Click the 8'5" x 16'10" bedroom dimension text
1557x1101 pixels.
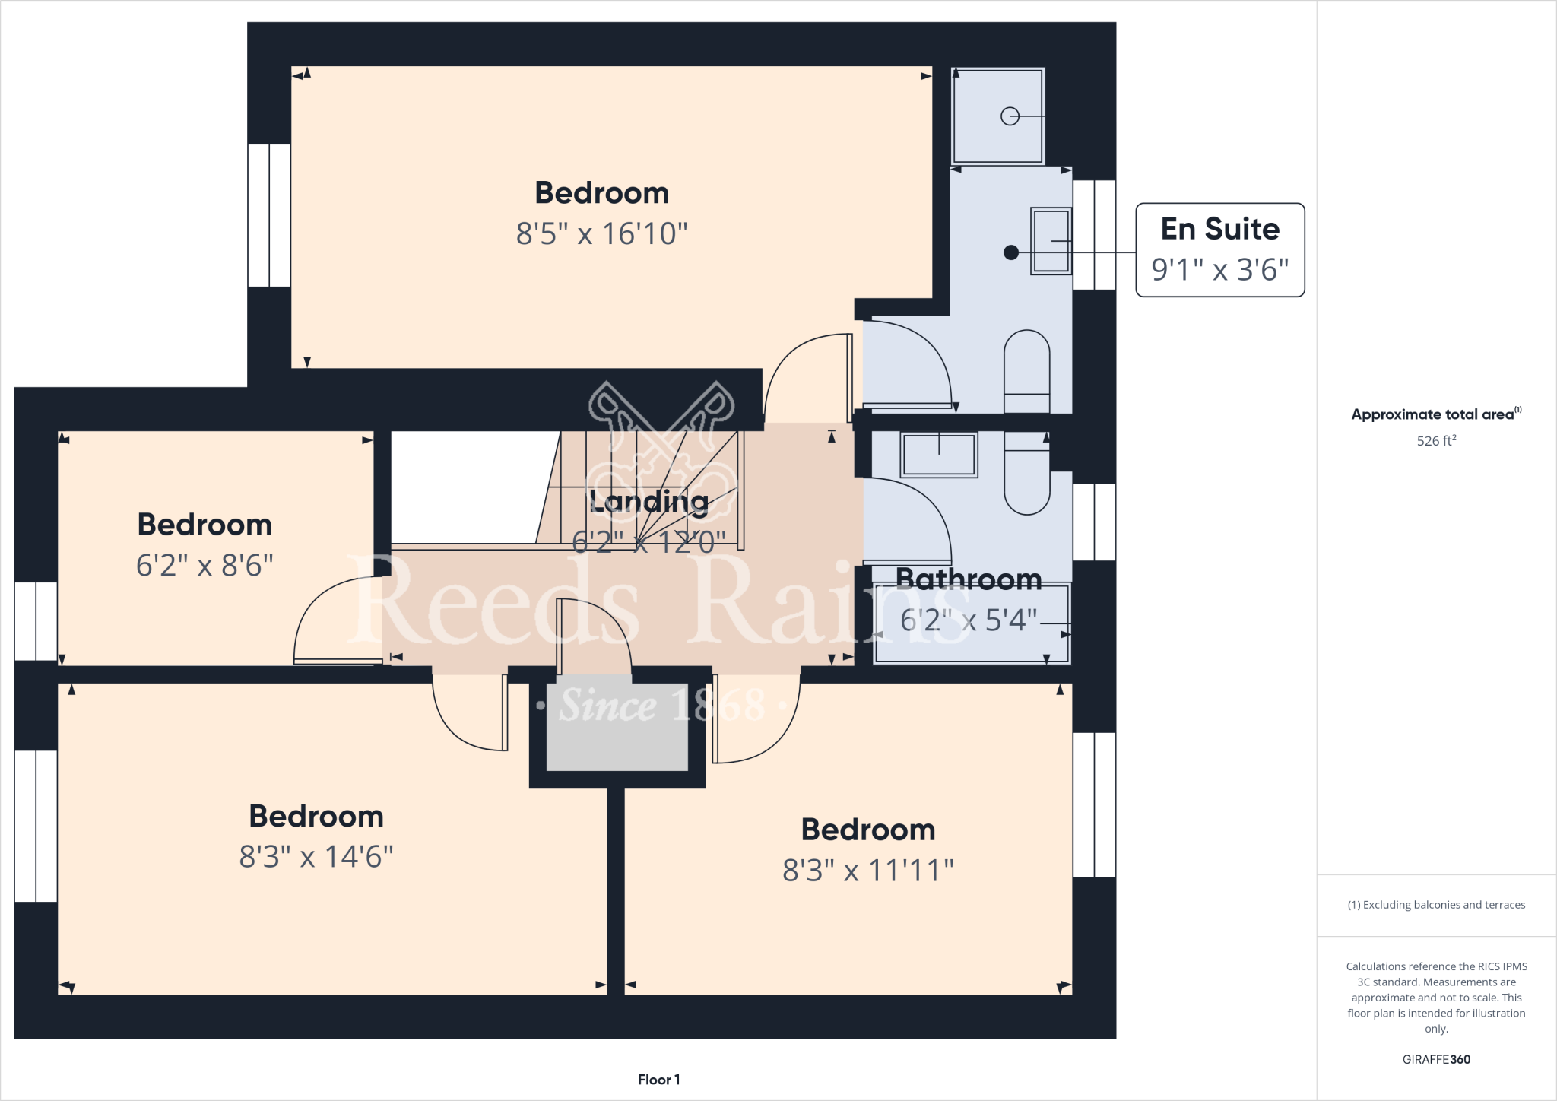(601, 234)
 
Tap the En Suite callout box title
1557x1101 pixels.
(1219, 229)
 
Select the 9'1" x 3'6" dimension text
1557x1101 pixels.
(1219, 270)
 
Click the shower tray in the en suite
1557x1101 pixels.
(997, 116)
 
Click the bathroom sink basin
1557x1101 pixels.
(939, 455)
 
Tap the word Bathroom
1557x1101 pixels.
(969, 580)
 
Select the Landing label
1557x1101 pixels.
(648, 501)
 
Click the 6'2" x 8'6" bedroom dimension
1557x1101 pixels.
(205, 566)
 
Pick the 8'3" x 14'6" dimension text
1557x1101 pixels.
(316, 857)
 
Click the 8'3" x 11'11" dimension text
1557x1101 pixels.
(867, 871)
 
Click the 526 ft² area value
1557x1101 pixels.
(1436, 441)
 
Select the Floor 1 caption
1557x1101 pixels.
(658, 1080)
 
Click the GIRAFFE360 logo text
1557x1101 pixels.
(1436, 1059)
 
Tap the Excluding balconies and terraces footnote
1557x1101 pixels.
(1436, 905)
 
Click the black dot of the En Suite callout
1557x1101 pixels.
(1010, 252)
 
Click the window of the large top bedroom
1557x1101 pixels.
(269, 215)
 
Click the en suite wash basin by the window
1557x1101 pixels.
(1051, 240)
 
